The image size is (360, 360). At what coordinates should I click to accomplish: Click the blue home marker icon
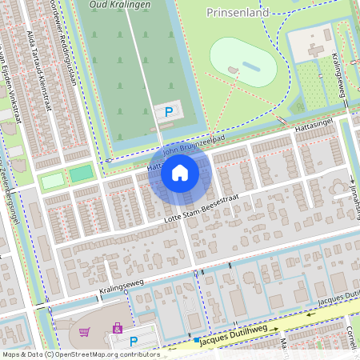[180, 173]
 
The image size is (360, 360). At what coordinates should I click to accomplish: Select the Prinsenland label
[236, 14]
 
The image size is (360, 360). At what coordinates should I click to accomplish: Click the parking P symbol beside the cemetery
[168, 114]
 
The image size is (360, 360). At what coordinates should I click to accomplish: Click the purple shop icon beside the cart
[118, 328]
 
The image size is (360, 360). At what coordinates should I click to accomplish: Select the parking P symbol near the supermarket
[134, 342]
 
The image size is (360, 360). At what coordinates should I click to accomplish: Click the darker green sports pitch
[81, 173]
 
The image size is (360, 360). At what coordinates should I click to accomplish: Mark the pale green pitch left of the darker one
[52, 181]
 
